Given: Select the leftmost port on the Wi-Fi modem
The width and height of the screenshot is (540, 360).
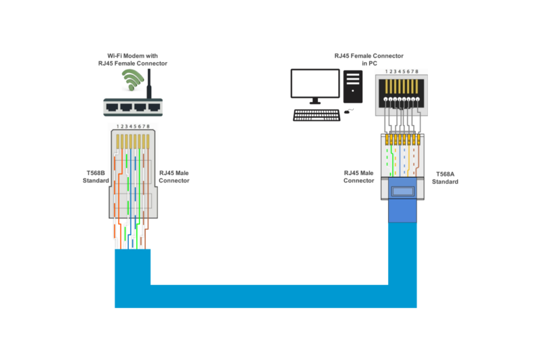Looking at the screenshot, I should [111, 107].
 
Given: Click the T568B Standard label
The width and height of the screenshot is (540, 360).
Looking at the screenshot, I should [96, 177].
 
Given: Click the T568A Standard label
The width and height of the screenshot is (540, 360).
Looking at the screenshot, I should [446, 178].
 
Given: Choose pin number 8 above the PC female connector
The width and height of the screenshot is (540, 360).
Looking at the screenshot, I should [418, 71].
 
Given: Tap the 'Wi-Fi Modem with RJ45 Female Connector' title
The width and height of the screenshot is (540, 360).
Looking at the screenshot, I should [132, 59].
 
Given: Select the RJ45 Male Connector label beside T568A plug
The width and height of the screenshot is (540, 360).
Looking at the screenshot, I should [358, 177].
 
